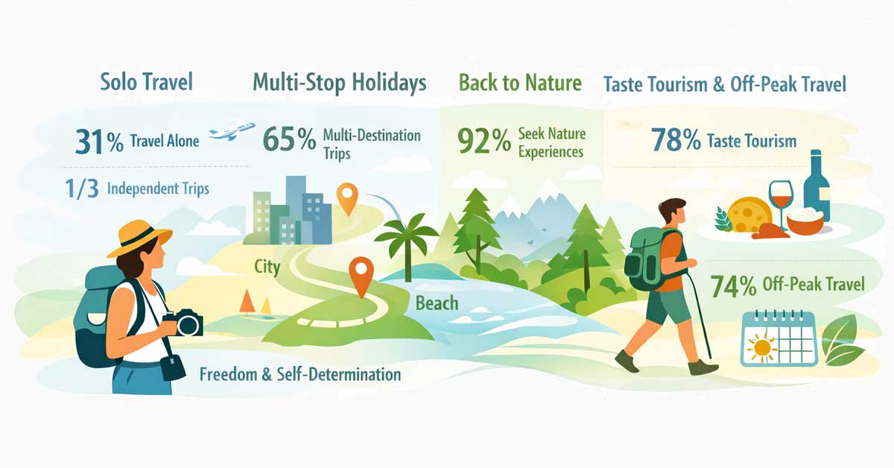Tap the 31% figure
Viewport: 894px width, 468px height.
99,142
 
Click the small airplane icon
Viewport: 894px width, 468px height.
232,132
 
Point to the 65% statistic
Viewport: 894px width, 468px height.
290,139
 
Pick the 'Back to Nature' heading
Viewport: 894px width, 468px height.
520,82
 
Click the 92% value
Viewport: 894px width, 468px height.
485,140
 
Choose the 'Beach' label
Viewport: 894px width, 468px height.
437,303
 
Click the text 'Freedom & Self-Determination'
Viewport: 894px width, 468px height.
300,373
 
